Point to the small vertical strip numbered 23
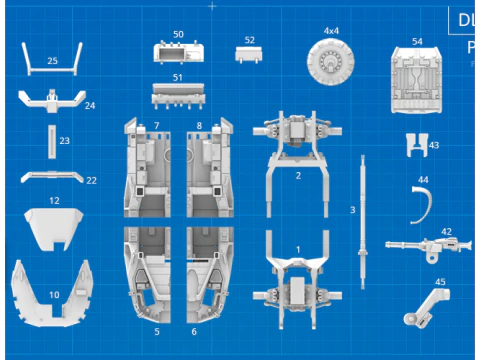pos(51,142)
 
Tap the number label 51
pos(177,76)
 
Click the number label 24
pos(89,105)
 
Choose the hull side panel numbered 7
pos(149,170)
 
